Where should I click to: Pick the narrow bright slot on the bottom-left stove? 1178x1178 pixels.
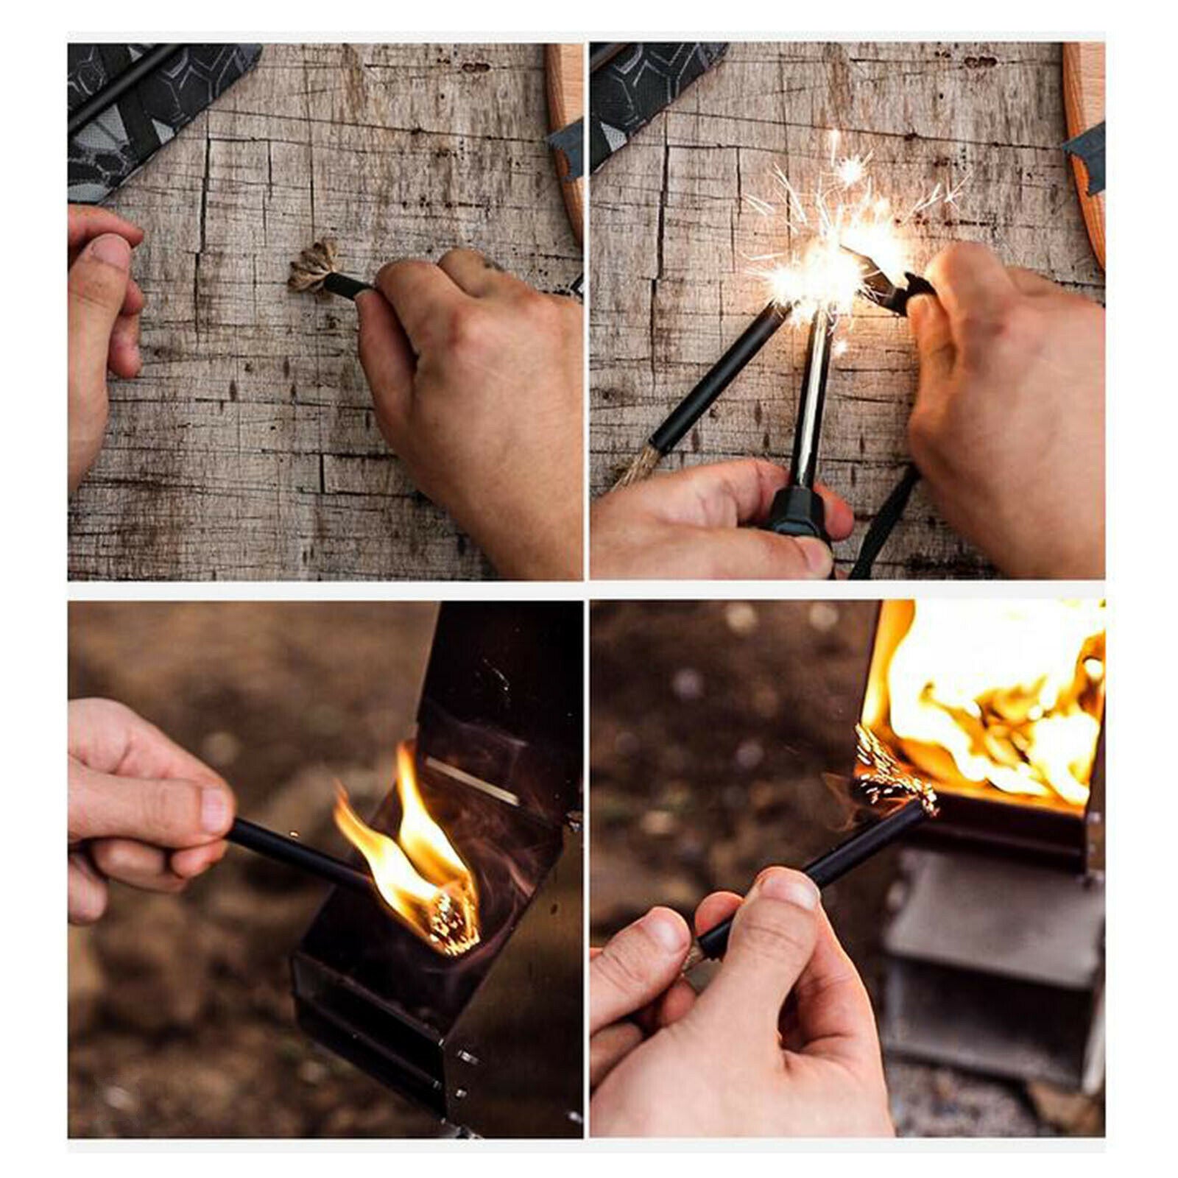[x=471, y=780]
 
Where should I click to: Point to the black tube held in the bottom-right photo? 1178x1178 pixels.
[x=810, y=869]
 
